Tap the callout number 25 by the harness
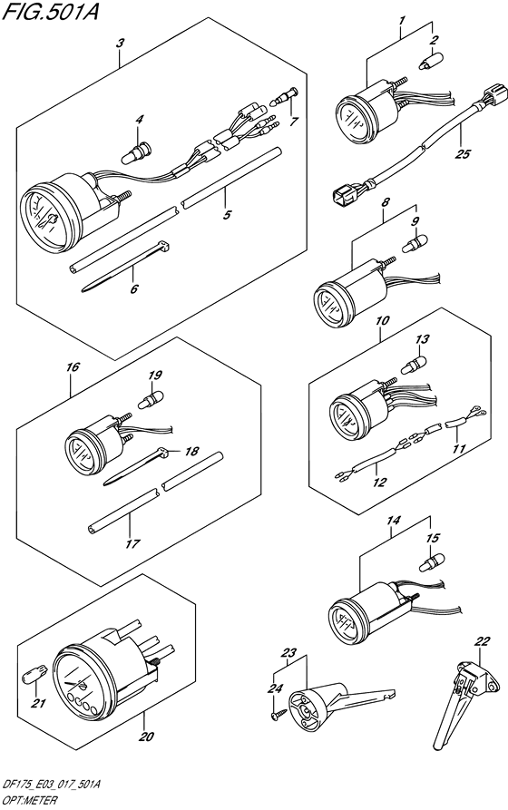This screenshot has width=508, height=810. (x=464, y=153)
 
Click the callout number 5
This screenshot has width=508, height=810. (x=228, y=215)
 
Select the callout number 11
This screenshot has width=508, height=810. (x=458, y=449)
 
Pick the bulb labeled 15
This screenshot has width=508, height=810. (x=425, y=565)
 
